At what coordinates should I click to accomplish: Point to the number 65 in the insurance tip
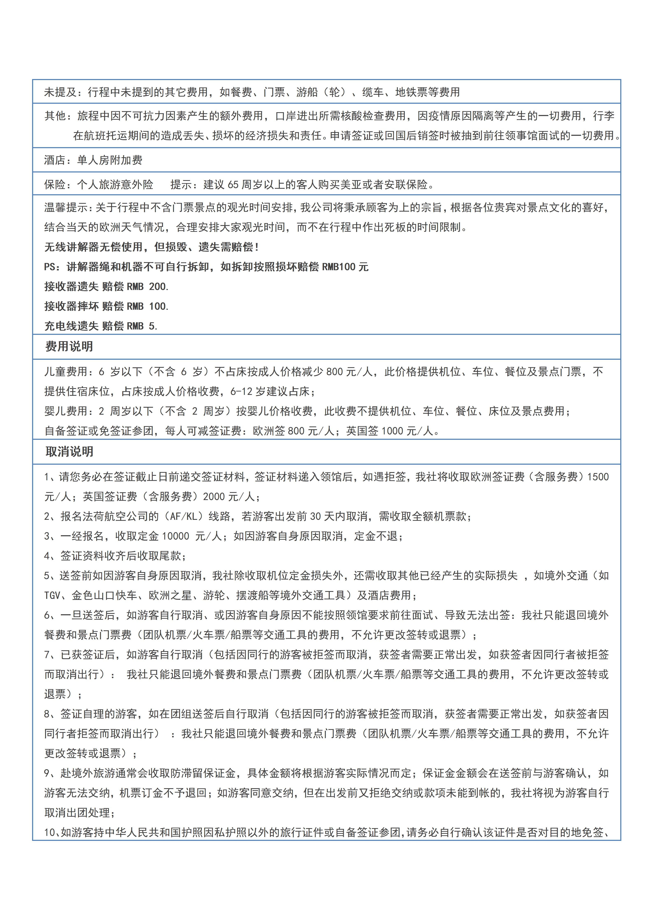point(233,185)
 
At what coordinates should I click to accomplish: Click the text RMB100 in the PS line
point(339,267)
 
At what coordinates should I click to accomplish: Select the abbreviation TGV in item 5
point(52,595)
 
